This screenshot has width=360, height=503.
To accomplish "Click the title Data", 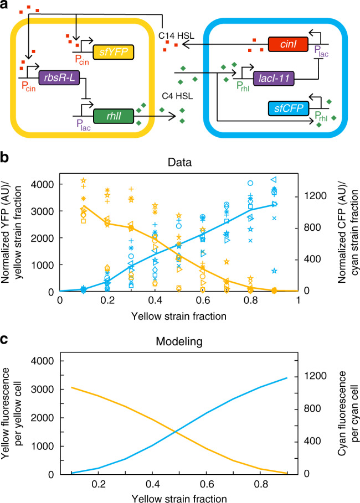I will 178,164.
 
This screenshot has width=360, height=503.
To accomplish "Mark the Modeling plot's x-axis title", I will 178,496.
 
